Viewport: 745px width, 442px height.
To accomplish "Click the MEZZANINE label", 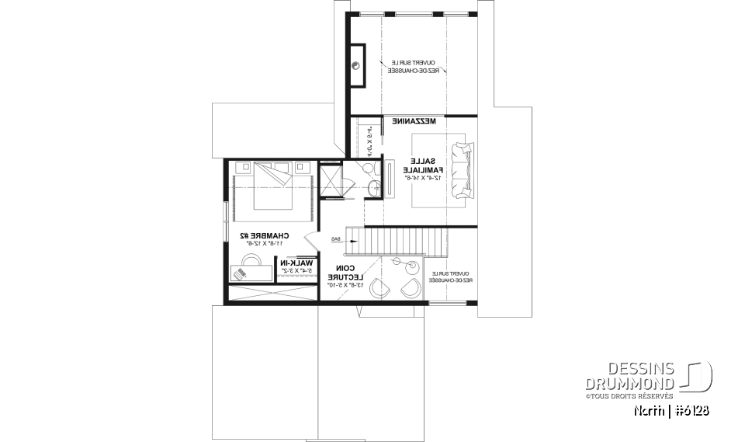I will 414,122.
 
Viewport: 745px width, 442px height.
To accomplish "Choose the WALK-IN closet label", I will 296,263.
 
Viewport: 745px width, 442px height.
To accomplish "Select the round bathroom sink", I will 375,187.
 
